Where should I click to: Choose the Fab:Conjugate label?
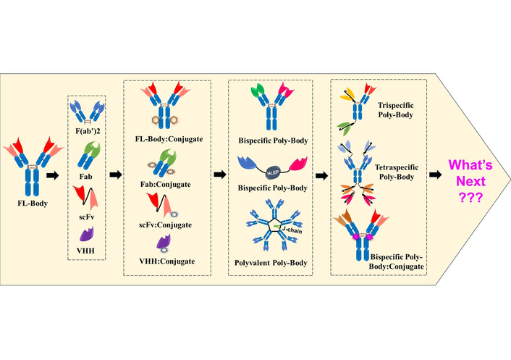(168, 184)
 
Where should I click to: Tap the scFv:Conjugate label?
(168, 225)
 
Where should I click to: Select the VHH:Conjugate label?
(168, 260)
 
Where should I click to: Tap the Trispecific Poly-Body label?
(394, 107)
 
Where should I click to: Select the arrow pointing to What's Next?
(437, 175)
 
